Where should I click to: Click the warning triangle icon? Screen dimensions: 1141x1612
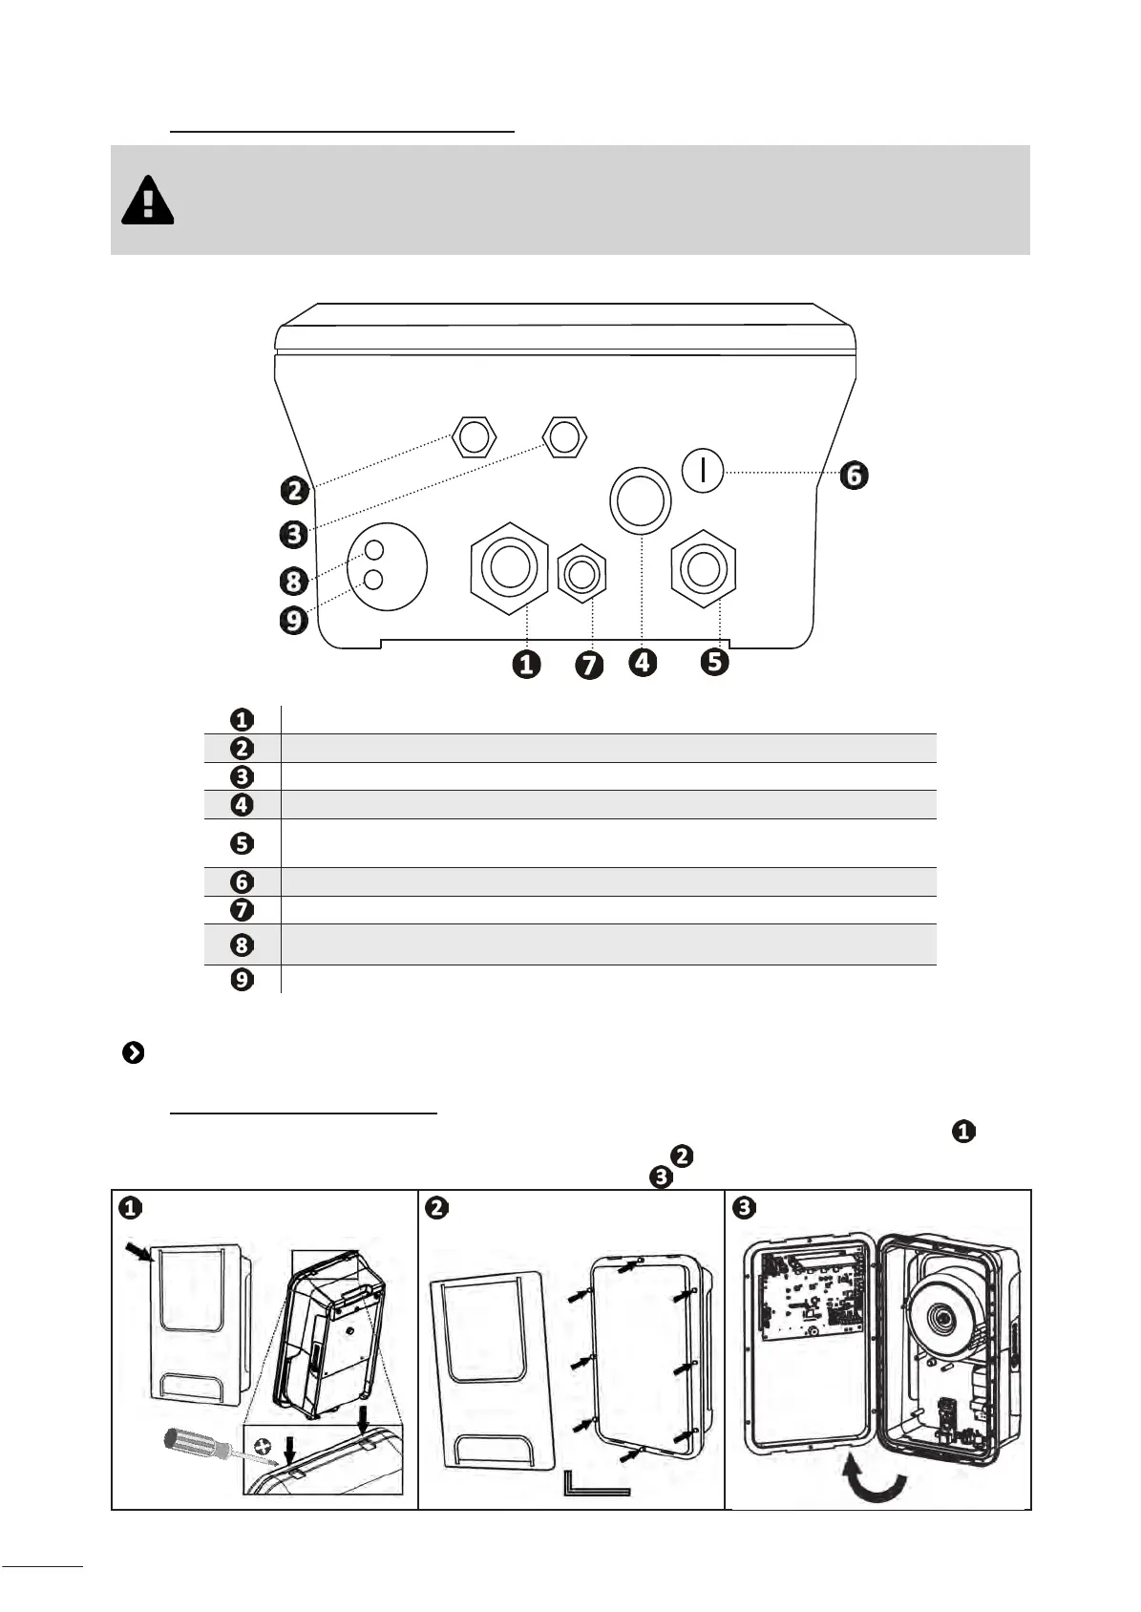[x=147, y=200]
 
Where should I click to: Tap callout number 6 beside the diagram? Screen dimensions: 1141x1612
[x=854, y=476]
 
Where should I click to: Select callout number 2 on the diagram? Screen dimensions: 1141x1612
[x=295, y=491]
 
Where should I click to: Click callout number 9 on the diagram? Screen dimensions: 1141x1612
[x=293, y=620]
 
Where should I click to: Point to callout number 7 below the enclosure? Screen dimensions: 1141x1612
[x=589, y=665]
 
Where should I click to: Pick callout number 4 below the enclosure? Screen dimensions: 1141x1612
[x=643, y=662]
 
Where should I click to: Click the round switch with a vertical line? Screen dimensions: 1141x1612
[x=702, y=471]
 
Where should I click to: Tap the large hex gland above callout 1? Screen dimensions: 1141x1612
[x=509, y=568]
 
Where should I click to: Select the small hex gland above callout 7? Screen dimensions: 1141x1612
[x=582, y=574]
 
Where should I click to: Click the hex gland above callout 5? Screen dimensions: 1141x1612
[x=703, y=569]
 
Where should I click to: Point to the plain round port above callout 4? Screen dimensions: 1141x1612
[x=641, y=500]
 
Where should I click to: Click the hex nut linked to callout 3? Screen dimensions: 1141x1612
[x=564, y=436]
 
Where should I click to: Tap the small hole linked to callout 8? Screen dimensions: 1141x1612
[x=374, y=551]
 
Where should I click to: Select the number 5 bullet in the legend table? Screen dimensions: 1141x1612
[x=242, y=843]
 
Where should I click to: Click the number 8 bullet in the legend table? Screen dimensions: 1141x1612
[x=242, y=944]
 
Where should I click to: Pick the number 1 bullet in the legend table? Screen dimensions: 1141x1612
[x=242, y=720]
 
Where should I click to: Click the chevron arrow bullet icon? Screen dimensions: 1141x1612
[x=133, y=1052]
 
